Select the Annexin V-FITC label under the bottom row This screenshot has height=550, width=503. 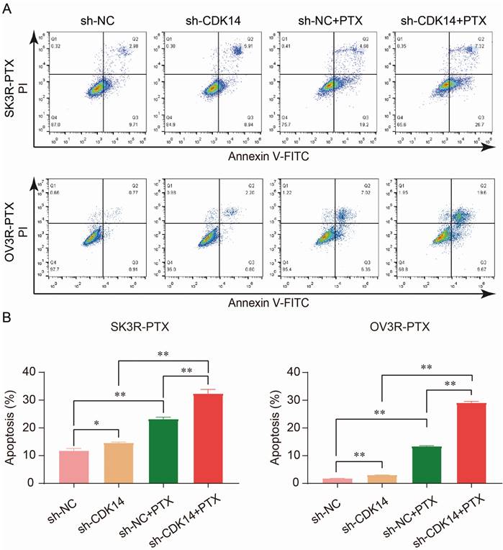point(263,303)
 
